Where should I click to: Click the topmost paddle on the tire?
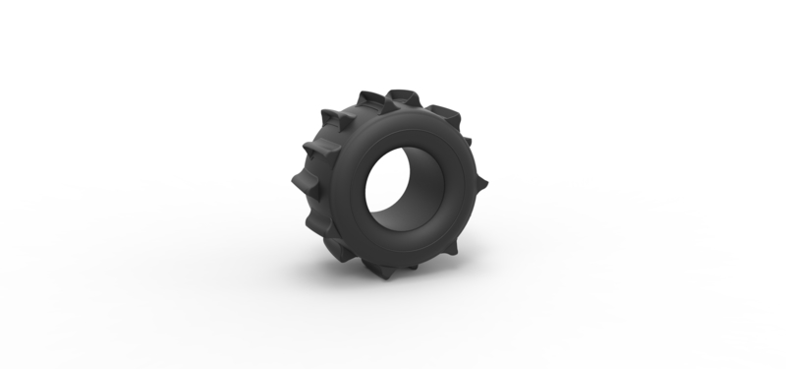403,99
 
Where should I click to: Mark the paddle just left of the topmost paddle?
371,99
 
